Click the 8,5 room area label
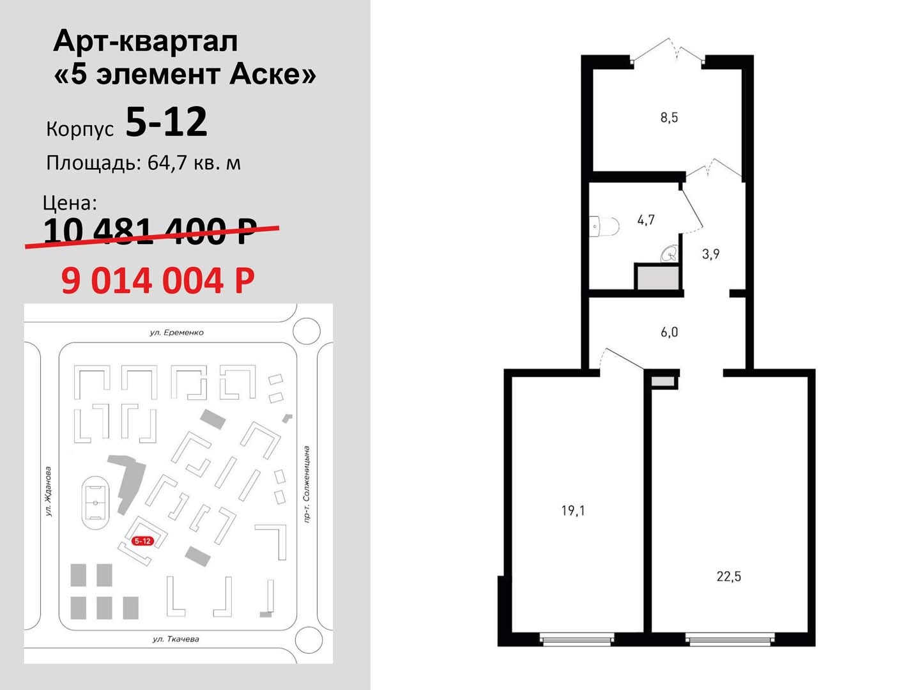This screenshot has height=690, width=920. pos(669,118)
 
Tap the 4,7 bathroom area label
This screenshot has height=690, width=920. pos(646,220)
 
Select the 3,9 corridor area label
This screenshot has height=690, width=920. pos(711,254)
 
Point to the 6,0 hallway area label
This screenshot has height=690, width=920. pos(669,332)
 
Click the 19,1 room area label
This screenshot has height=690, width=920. pos(573,510)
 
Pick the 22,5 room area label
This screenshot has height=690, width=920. pos(729,577)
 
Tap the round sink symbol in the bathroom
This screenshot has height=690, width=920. pos(670,254)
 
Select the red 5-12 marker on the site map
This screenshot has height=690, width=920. pos(142,541)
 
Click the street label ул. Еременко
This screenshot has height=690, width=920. pos(176,333)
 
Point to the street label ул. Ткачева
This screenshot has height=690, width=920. pos(176,639)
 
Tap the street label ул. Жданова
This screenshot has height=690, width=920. pos(49,491)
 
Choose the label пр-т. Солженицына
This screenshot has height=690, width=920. pos(307,484)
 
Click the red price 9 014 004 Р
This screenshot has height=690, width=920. pos(158,280)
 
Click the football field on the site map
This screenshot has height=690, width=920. pos(96,503)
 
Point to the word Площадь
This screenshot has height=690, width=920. pos(93,164)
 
